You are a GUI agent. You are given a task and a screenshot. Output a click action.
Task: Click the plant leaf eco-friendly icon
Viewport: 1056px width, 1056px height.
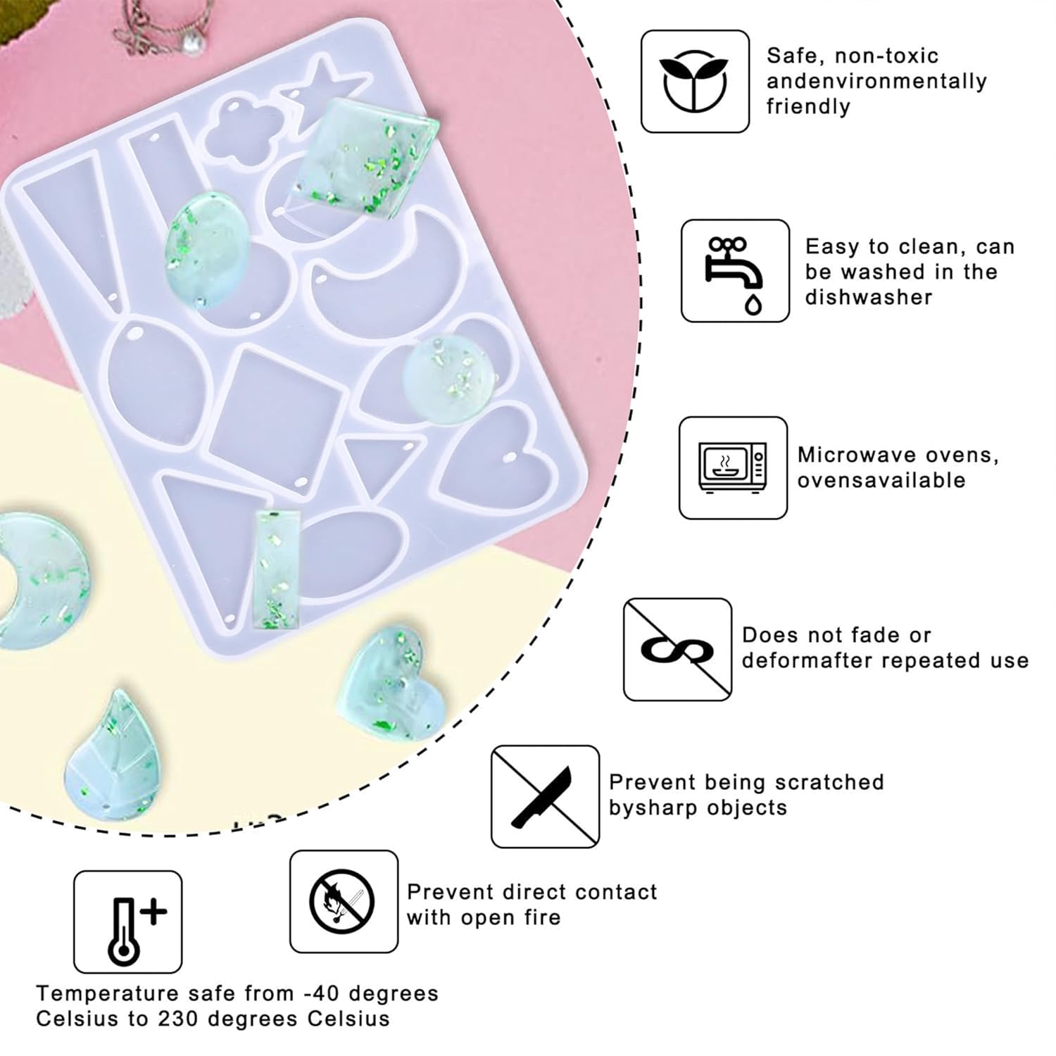tap(695, 81)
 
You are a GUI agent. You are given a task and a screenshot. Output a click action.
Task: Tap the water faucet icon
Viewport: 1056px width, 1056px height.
tap(735, 271)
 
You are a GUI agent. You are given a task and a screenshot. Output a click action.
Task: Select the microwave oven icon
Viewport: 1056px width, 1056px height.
tap(733, 468)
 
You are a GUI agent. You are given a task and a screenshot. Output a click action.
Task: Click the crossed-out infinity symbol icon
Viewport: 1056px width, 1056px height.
tap(677, 650)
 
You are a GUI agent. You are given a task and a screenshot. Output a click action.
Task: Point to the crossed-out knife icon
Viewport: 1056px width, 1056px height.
tap(546, 797)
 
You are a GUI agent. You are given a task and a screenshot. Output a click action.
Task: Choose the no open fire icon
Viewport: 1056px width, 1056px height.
tap(344, 901)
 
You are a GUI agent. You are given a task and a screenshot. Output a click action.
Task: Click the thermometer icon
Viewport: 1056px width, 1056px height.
tap(128, 922)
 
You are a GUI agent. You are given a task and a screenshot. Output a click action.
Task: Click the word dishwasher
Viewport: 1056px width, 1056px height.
tap(869, 297)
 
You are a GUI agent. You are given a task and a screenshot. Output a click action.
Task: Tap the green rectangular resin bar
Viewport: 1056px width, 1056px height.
tap(276, 570)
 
